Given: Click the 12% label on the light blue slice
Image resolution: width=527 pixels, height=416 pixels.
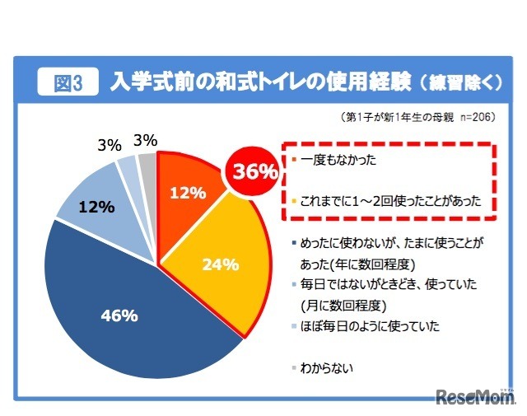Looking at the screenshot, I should (96, 208).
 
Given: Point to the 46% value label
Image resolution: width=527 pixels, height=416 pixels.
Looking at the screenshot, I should (119, 316).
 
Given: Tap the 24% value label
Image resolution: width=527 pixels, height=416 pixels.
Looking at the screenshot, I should (221, 264).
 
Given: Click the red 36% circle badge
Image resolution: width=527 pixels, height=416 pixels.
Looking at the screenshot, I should (254, 172).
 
